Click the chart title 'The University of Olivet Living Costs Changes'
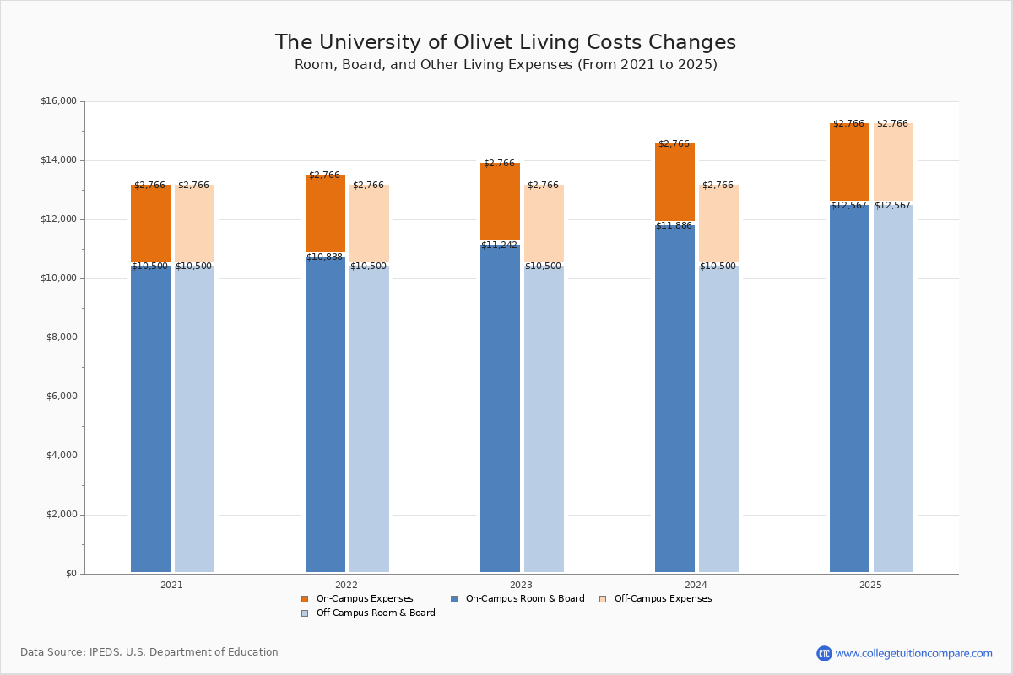click(505, 43)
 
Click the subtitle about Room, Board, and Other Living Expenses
click(505, 65)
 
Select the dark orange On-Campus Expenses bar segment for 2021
click(150, 224)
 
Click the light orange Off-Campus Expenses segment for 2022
click(369, 224)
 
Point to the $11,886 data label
click(674, 226)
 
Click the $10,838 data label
click(324, 257)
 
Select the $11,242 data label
click(499, 246)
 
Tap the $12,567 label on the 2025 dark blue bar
click(848, 206)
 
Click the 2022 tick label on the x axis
click(346, 585)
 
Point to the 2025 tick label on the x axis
click(870, 585)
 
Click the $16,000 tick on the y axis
click(58, 101)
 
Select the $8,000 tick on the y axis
click(61, 337)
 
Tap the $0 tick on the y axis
click(70, 574)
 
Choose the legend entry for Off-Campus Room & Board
click(376, 613)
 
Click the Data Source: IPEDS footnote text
click(149, 652)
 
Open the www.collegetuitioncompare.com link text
click(913, 653)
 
